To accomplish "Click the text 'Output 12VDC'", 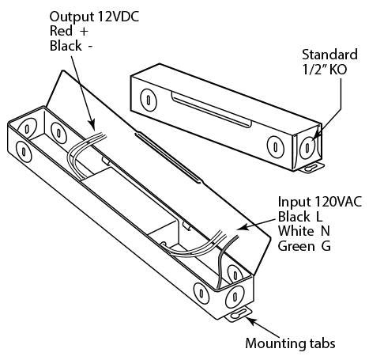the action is click(x=94, y=17).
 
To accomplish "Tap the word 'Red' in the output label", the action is click(x=61, y=31).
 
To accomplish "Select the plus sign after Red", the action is click(x=84, y=32).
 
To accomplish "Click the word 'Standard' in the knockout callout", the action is click(x=329, y=55).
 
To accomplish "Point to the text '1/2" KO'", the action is click(x=324, y=70).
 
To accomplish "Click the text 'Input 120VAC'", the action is click(x=320, y=202).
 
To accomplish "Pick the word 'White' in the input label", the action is click(x=296, y=231).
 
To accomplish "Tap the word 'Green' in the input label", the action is click(x=296, y=246).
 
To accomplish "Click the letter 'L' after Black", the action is click(x=318, y=217).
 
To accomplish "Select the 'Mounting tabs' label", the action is click(x=290, y=343).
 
